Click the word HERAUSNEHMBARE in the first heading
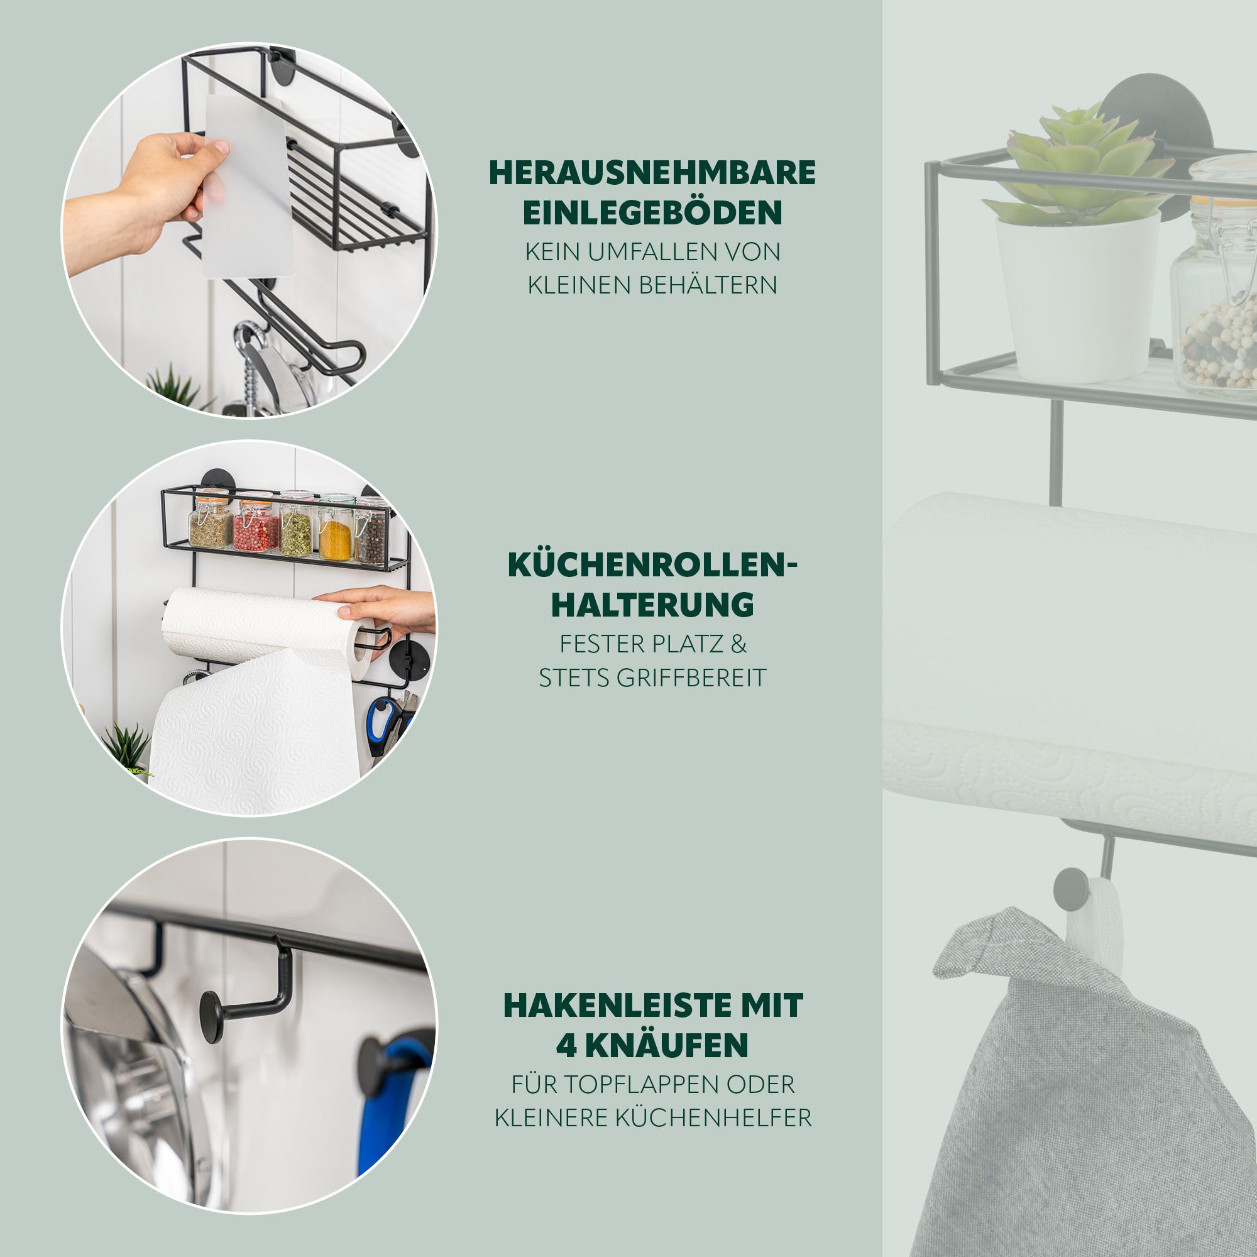(652, 172)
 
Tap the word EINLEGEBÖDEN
(652, 213)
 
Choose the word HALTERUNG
(652, 605)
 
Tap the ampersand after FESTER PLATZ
(738, 645)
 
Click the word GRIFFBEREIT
(691, 679)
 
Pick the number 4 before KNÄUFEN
(568, 1046)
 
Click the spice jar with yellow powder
(336, 529)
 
